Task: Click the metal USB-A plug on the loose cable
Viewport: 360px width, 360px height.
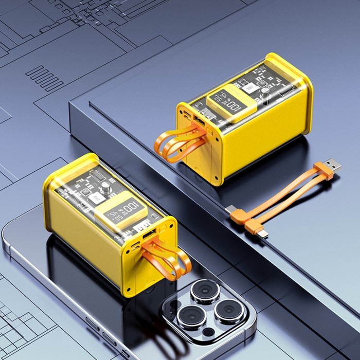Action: (331, 166)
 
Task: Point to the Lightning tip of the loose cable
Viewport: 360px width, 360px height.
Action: (264, 234)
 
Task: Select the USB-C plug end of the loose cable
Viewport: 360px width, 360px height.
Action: (230, 210)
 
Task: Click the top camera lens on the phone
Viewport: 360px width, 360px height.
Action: (205, 292)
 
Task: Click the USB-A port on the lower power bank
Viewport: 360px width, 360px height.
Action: (149, 237)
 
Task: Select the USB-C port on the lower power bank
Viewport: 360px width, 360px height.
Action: (135, 247)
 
